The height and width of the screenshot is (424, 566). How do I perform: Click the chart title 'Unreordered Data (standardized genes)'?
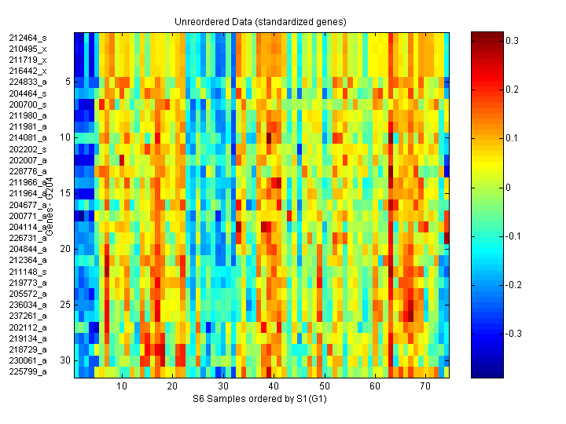(x=260, y=21)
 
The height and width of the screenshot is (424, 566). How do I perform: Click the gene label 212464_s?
(x=28, y=38)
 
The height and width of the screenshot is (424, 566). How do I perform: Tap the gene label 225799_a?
(x=28, y=371)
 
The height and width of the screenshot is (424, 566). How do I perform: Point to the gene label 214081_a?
(x=28, y=137)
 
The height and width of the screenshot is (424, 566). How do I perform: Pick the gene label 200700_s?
(x=28, y=104)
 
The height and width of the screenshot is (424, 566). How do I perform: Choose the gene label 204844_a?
(x=28, y=249)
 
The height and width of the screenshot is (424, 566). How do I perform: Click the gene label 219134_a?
(x=28, y=338)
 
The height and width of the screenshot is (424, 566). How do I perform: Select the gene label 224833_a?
(x=28, y=82)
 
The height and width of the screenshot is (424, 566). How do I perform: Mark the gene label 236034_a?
(x=28, y=305)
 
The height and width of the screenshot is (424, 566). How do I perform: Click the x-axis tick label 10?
(x=122, y=386)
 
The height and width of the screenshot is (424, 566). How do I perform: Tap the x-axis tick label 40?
(x=274, y=386)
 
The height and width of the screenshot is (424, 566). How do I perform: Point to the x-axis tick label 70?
(x=425, y=386)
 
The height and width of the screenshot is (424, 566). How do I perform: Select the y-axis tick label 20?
(x=66, y=249)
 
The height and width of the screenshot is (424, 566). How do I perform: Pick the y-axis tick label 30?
(x=66, y=360)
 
